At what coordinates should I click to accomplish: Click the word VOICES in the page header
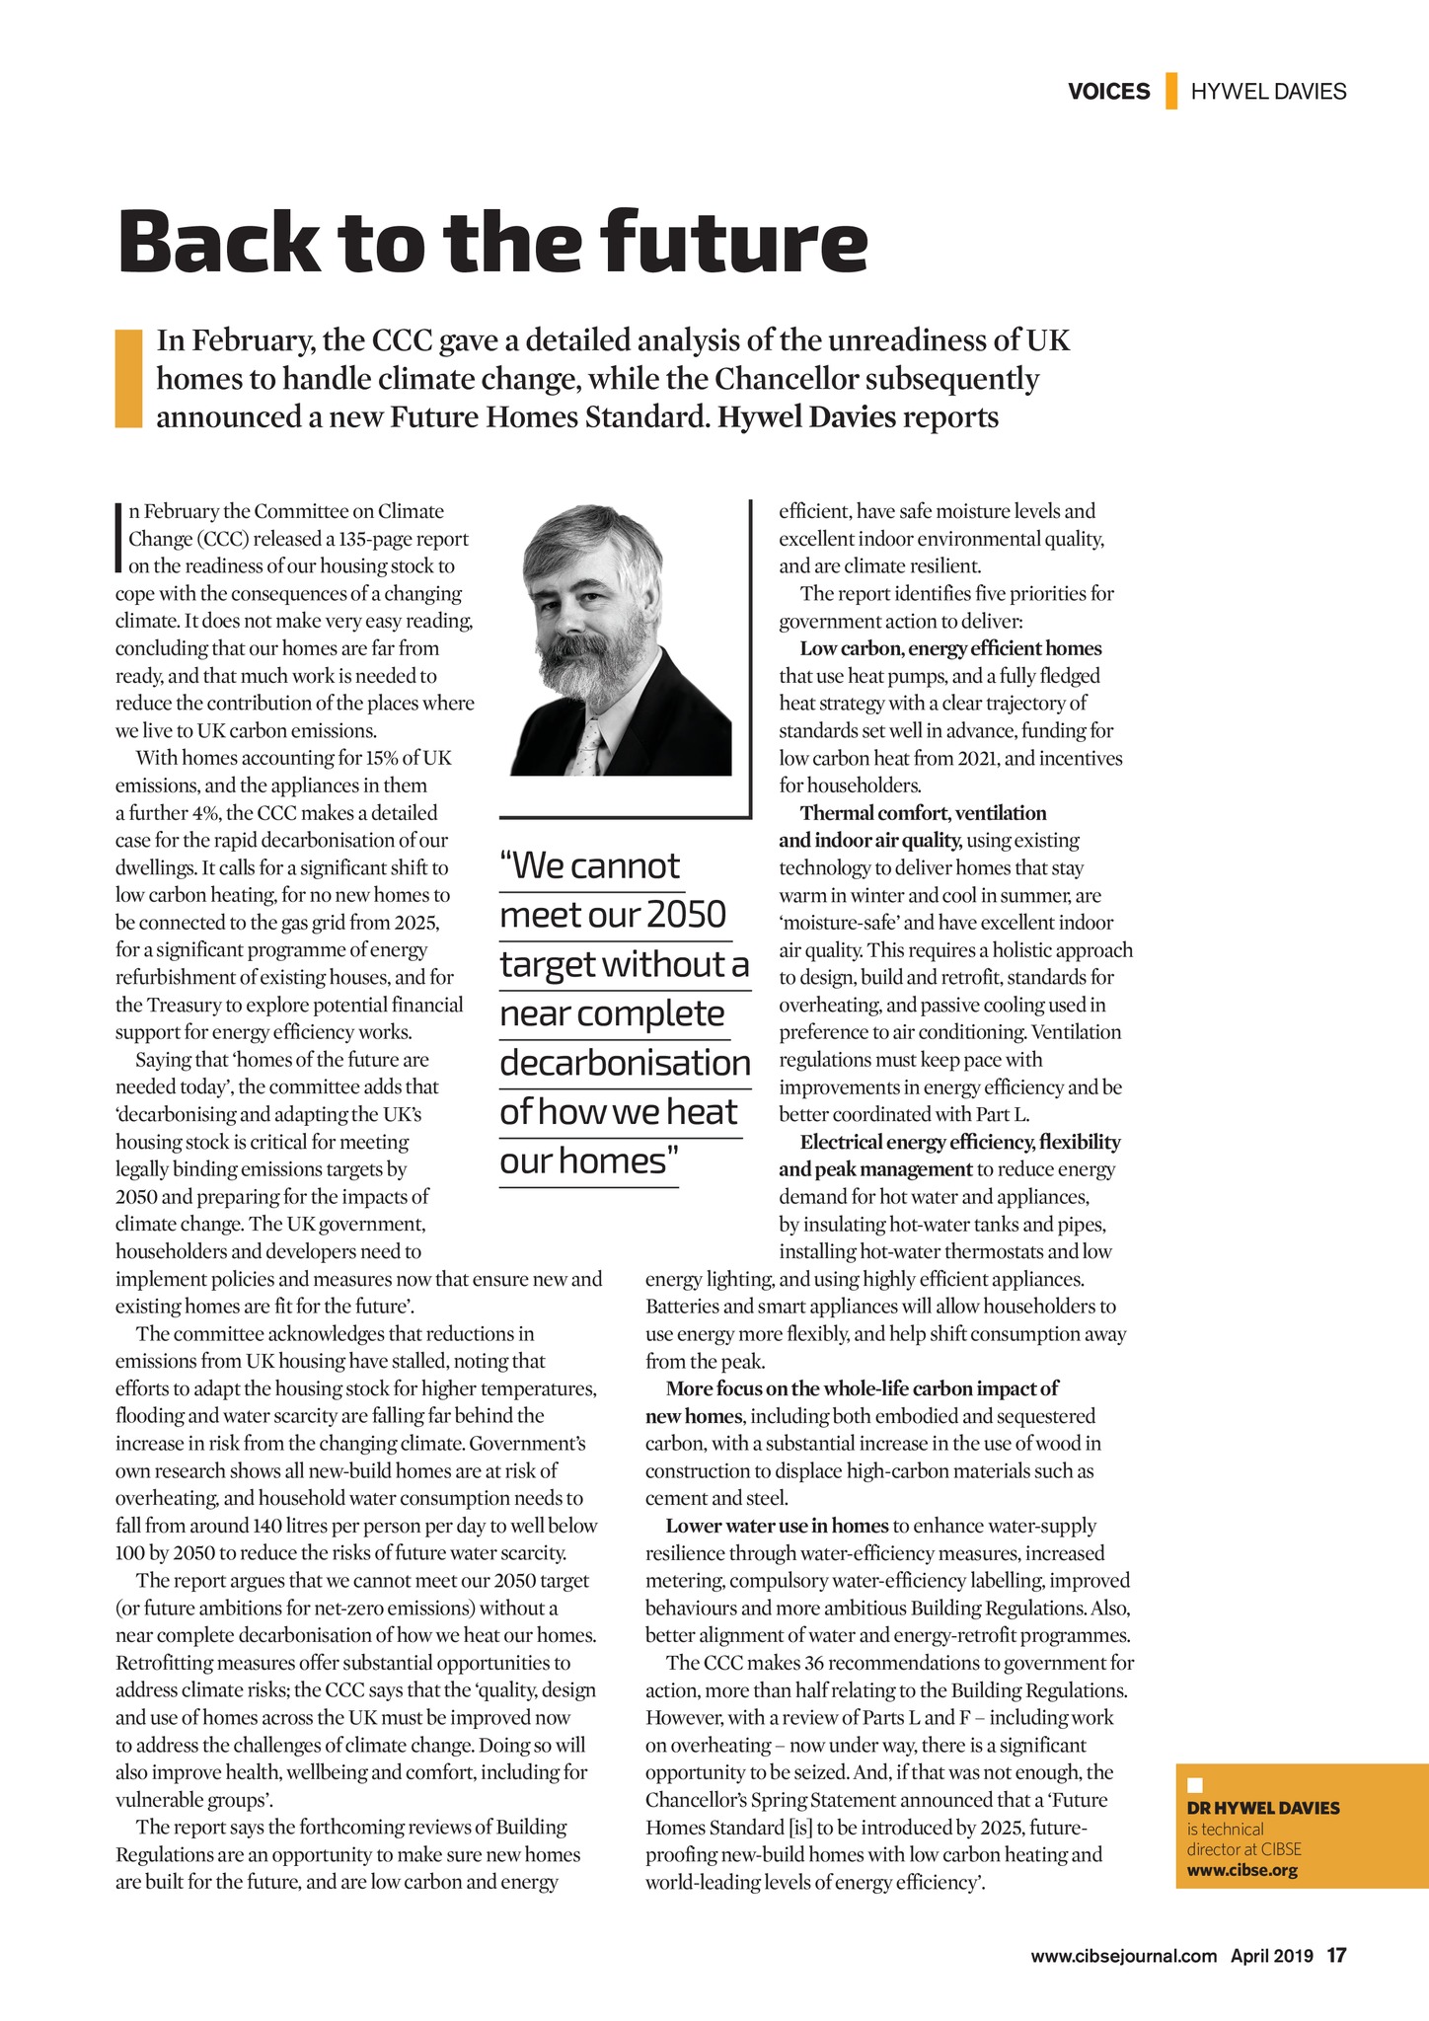coord(1108,92)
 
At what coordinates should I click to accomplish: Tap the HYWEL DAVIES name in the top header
coord(1268,92)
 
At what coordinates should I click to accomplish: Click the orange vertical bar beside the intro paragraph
coord(129,379)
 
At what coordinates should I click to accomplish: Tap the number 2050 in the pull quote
coord(687,915)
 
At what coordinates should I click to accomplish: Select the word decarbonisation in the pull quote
coord(625,1063)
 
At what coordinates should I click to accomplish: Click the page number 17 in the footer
coord(1336,1955)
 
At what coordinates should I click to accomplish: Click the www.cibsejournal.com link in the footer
coord(1123,1956)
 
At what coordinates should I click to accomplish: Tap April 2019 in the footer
coord(1271,1956)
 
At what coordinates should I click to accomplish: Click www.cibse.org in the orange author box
coord(1241,1870)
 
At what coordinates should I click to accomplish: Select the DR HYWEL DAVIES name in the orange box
coord(1262,1808)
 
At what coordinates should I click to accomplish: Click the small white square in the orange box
coord(1194,1784)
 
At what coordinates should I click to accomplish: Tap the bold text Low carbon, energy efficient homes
coord(950,648)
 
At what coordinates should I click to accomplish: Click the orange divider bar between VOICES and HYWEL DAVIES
coord(1171,91)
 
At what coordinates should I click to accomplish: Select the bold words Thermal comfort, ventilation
coord(923,813)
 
